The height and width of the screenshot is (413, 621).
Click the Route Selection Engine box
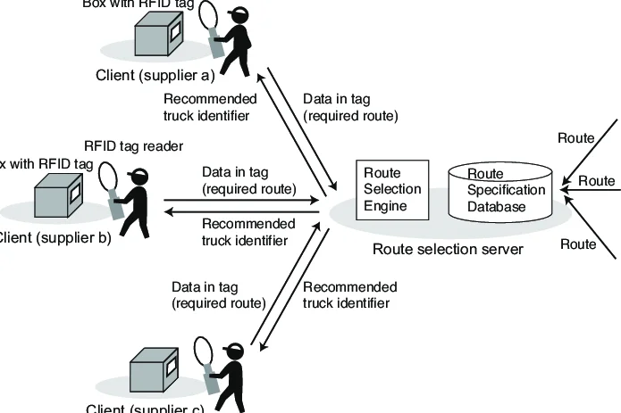(x=392, y=189)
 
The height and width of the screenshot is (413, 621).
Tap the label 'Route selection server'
(x=448, y=248)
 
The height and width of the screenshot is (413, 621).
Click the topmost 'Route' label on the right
(x=575, y=138)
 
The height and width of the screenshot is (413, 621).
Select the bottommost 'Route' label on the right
(x=578, y=244)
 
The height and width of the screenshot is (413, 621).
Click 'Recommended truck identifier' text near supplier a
(x=210, y=106)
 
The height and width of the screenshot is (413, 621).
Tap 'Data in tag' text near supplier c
(x=204, y=295)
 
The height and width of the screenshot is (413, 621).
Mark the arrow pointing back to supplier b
(x=241, y=211)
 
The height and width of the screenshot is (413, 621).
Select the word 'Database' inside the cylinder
(x=497, y=208)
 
